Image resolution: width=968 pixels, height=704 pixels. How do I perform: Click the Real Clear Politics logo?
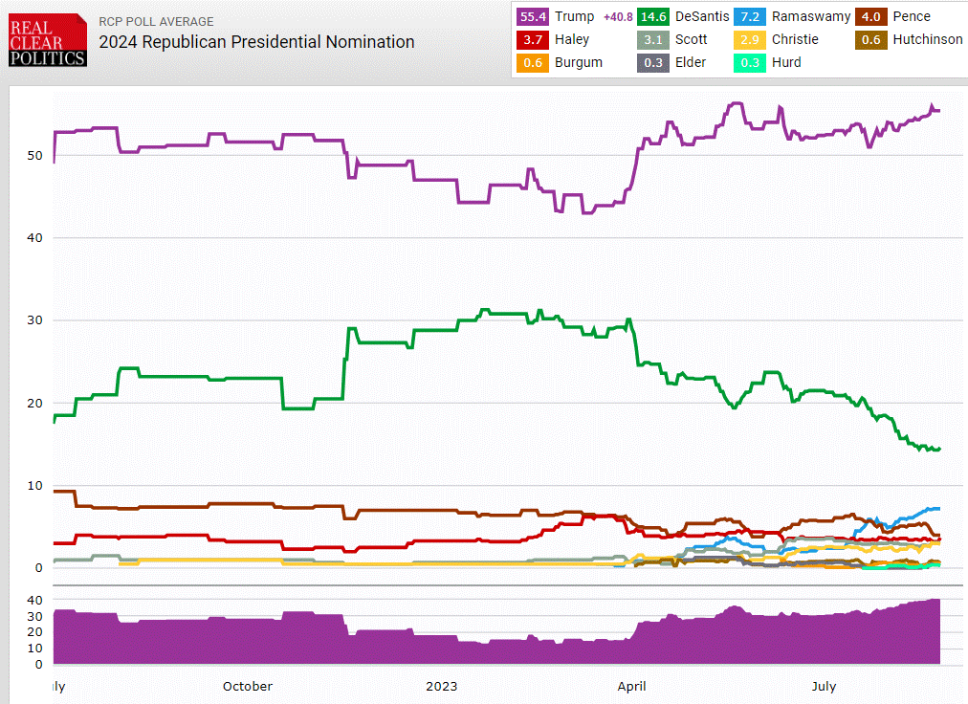[x=48, y=39]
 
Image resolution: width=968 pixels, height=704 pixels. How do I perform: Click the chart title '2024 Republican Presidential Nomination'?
[x=257, y=42]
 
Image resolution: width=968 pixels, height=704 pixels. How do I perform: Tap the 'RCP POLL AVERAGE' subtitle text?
[x=157, y=21]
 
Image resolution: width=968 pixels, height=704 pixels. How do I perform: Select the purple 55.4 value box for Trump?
[x=533, y=16]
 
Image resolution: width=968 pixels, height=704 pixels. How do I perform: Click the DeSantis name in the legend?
[x=701, y=16]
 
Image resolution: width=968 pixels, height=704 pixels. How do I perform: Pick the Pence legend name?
[x=912, y=16]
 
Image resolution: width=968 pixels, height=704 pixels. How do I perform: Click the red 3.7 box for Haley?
[x=533, y=39]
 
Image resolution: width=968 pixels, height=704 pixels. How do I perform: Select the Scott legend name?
[x=692, y=39]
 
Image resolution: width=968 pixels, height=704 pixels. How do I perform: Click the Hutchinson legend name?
[x=928, y=39]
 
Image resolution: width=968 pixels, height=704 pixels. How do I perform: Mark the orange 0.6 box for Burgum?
[x=533, y=62]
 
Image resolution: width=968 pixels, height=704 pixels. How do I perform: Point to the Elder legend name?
[x=690, y=62]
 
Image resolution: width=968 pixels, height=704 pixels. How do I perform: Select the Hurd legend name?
[x=786, y=62]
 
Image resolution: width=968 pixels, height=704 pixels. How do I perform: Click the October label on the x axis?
[x=247, y=686]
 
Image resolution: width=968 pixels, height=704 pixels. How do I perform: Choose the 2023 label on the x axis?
[x=441, y=686]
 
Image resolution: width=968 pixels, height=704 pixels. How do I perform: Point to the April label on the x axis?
[x=631, y=686]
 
